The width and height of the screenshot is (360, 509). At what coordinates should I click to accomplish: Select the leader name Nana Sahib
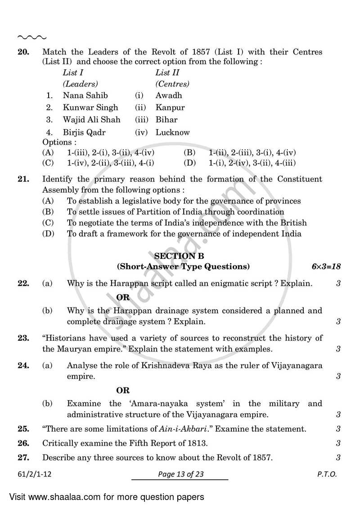(x=85, y=95)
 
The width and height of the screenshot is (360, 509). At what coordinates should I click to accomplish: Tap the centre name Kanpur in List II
(x=170, y=108)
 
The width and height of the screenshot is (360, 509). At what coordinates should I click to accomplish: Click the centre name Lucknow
(x=173, y=132)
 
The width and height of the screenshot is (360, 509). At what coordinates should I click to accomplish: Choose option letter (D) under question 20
(x=189, y=162)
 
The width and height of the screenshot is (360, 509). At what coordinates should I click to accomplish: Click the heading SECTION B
(x=179, y=256)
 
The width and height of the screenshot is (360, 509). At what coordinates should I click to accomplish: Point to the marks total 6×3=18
(x=326, y=266)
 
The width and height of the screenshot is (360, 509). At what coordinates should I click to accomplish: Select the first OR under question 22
(x=123, y=297)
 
